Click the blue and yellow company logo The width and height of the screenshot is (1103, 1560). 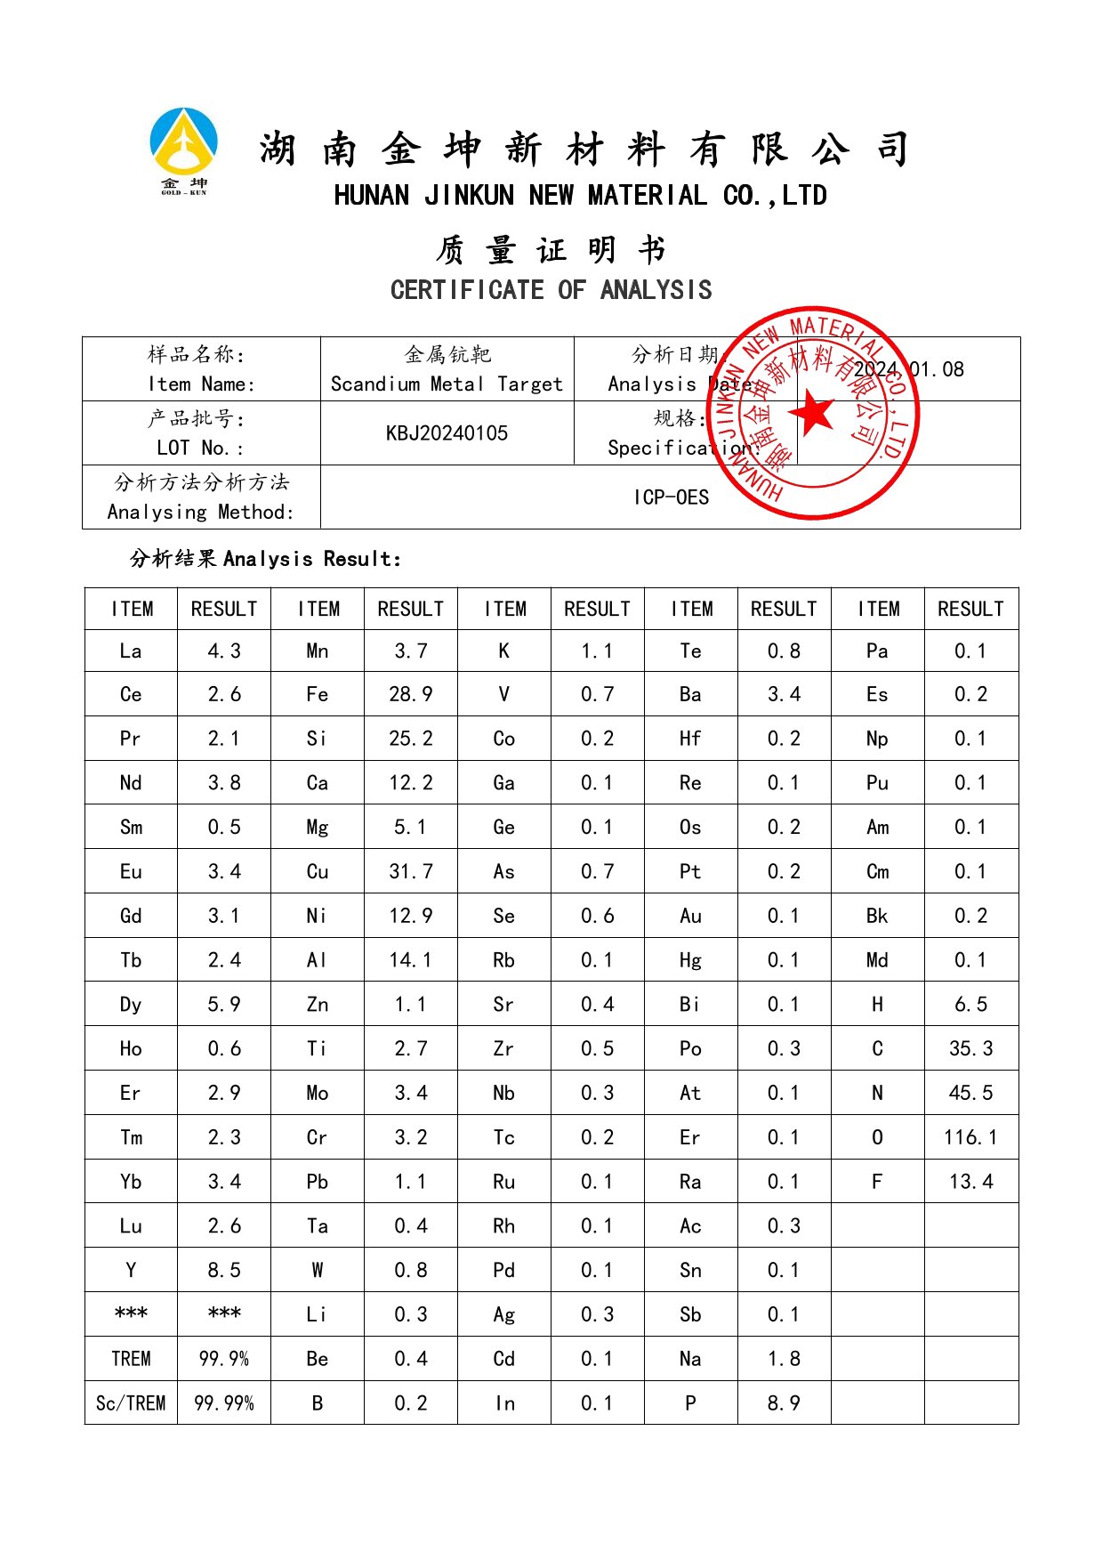click(x=183, y=142)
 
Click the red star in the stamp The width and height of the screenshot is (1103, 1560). click(x=812, y=413)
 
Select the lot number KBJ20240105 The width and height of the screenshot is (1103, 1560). click(x=447, y=433)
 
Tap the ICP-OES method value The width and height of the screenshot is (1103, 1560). click(x=671, y=497)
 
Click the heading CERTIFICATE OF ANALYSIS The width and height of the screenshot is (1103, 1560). click(x=551, y=290)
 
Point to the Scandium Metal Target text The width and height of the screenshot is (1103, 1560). click(x=447, y=384)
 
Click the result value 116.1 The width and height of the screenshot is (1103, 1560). click(x=970, y=1137)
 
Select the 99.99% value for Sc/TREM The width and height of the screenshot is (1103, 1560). click(x=224, y=1403)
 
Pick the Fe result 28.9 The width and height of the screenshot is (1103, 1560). click(x=410, y=694)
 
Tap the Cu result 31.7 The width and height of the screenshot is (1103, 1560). click(x=410, y=871)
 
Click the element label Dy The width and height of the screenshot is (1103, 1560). click(x=131, y=1005)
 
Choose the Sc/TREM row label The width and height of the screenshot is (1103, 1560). click(x=131, y=1403)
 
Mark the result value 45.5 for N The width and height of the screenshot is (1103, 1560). click(x=970, y=1093)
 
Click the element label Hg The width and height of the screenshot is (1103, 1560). click(x=690, y=960)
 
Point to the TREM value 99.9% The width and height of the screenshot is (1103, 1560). click(x=224, y=1359)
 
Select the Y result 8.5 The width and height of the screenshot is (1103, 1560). click(x=224, y=1270)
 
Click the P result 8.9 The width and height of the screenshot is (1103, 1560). click(x=784, y=1403)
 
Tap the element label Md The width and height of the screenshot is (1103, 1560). click(x=877, y=960)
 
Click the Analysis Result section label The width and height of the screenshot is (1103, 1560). click(x=265, y=559)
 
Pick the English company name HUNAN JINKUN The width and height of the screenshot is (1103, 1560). click(x=580, y=196)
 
